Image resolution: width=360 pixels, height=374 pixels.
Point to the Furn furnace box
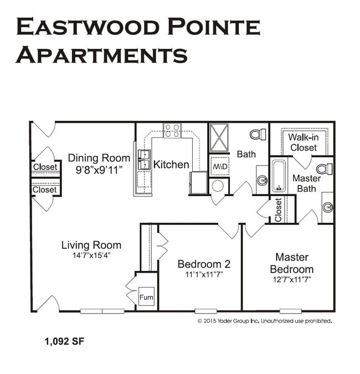click(x=146, y=298)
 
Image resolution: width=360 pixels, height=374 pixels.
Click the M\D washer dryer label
click(x=219, y=166)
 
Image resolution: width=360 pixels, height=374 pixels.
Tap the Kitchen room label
click(x=171, y=165)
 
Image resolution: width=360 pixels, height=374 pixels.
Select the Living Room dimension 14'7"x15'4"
click(x=91, y=255)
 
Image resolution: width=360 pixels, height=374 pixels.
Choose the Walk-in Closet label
click(x=303, y=143)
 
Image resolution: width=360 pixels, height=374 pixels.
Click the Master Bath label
click(x=306, y=183)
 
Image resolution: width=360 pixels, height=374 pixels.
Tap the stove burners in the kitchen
click(x=172, y=131)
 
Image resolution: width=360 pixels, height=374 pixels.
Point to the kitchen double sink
click(x=144, y=160)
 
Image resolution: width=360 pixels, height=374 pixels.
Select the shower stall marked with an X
click(x=219, y=137)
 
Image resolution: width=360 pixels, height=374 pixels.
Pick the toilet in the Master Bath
click(x=325, y=169)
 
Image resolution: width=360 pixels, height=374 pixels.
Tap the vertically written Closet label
click(x=278, y=209)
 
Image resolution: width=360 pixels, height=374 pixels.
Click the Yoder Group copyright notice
click(x=265, y=321)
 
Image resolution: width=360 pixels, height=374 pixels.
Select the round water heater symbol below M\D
click(x=218, y=185)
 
